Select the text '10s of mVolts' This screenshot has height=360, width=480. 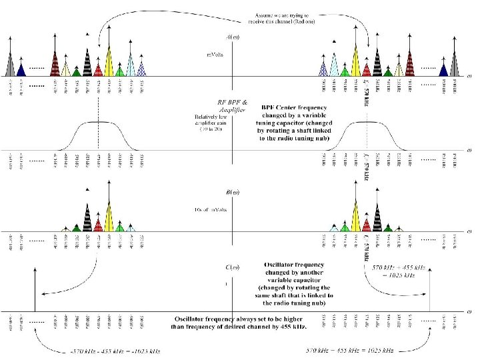coord(211,211)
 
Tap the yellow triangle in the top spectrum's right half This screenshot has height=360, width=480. coord(355,62)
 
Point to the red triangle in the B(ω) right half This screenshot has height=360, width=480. coord(366,224)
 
